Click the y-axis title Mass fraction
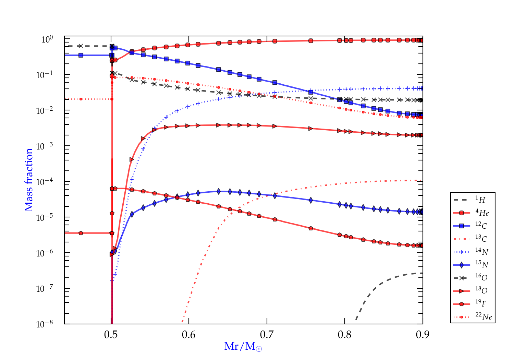(x=29, y=180)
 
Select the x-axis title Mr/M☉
(x=243, y=347)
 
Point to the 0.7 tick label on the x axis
(x=267, y=335)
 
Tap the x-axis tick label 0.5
(x=111, y=335)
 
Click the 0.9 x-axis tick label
(x=423, y=335)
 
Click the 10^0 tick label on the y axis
(x=47, y=39)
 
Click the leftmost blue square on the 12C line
(x=81, y=55)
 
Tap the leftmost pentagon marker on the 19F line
(x=81, y=233)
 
